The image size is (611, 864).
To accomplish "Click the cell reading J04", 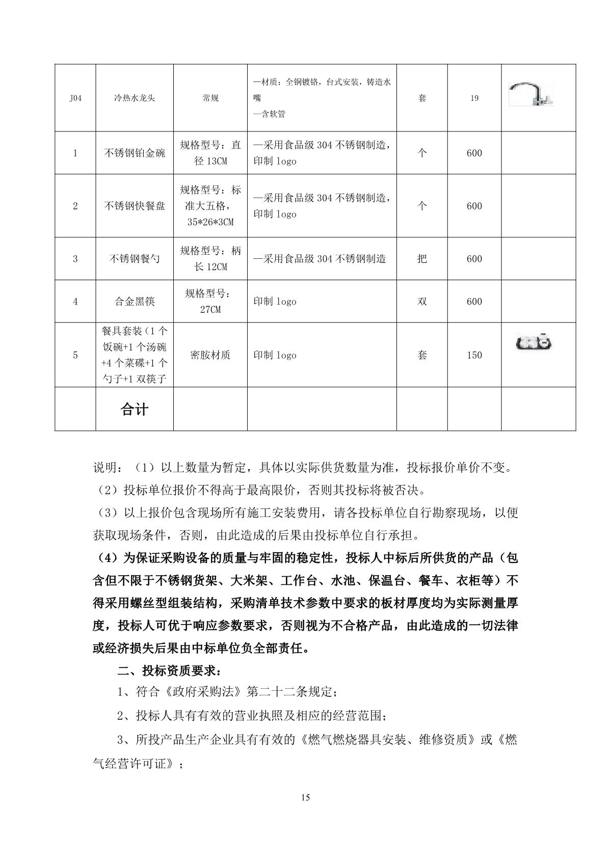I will pyautogui.click(x=75, y=98).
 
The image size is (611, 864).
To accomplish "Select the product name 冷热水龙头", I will pyautogui.click(x=135, y=98).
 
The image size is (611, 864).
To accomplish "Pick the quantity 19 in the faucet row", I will pyautogui.click(x=474, y=98).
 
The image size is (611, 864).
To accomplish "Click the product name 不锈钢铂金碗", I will pyautogui.click(x=135, y=153).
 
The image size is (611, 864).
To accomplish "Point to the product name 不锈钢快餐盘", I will pyautogui.click(x=135, y=206).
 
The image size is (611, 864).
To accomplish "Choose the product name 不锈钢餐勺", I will pyautogui.click(x=135, y=259).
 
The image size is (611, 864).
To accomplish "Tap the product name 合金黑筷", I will pyautogui.click(x=135, y=302).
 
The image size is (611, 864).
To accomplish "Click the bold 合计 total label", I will pyautogui.click(x=135, y=410).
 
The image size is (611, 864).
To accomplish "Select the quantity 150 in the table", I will pyautogui.click(x=474, y=355).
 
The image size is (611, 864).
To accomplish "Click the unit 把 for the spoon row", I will pyautogui.click(x=422, y=259).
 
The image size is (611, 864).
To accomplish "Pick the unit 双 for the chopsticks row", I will pyautogui.click(x=422, y=302).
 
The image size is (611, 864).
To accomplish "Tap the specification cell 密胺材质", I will pyautogui.click(x=210, y=355).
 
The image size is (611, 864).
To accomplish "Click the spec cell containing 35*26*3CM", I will pyautogui.click(x=210, y=222).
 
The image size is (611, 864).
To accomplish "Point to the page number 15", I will pyautogui.click(x=305, y=797).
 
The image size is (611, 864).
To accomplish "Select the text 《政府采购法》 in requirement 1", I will pyautogui.click(x=203, y=692).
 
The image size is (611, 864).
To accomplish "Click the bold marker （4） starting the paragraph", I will pyautogui.click(x=107, y=558).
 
